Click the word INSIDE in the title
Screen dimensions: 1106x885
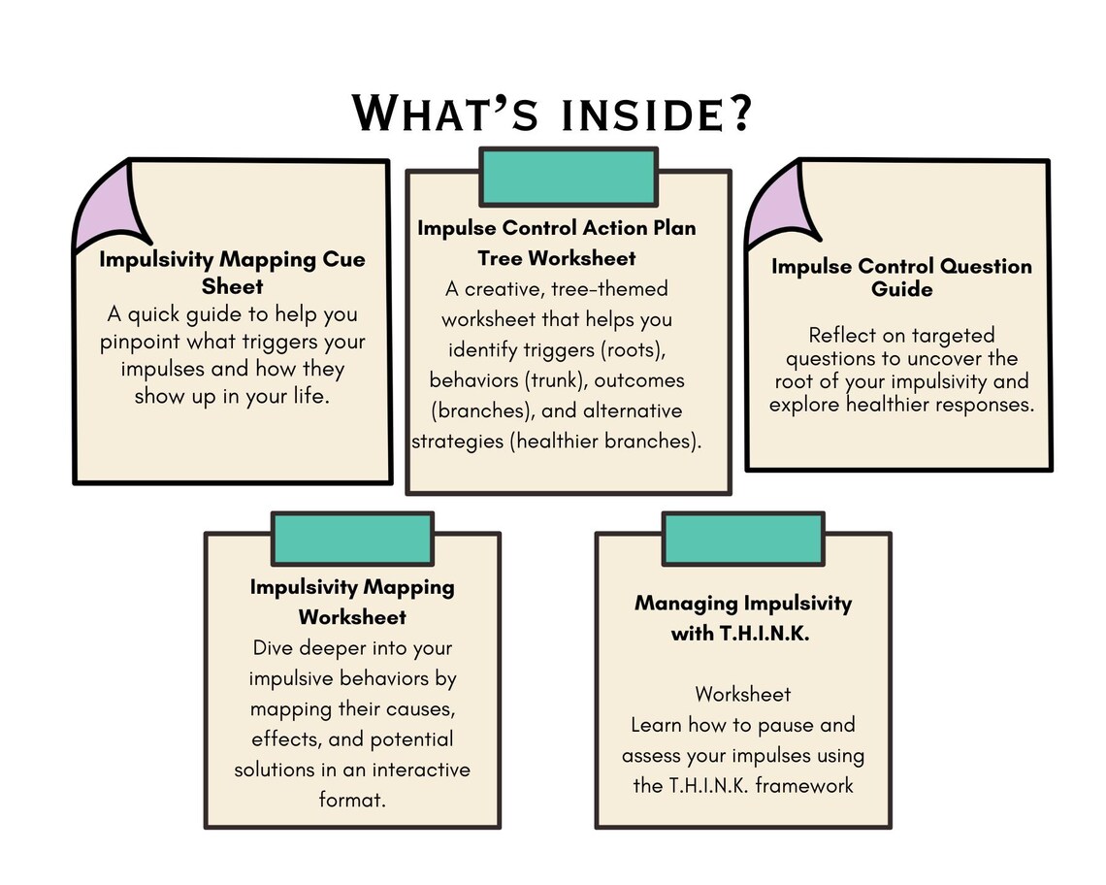(x=641, y=115)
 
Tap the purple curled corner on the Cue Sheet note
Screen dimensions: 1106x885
(x=110, y=206)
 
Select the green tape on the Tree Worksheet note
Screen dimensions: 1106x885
(x=569, y=177)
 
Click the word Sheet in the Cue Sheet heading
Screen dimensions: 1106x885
(x=232, y=286)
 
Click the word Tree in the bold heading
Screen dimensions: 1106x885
(x=500, y=258)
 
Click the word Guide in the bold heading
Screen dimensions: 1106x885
(x=901, y=289)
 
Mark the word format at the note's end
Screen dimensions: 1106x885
(x=352, y=800)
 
